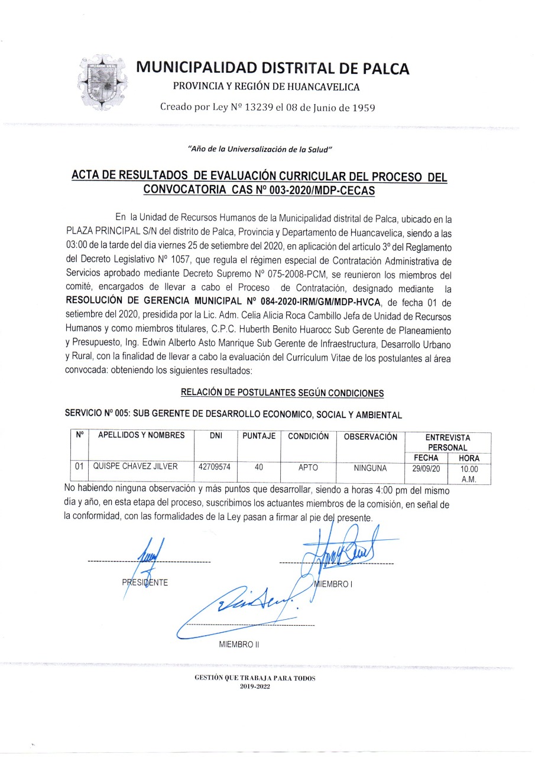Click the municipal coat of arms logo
tap(103, 82)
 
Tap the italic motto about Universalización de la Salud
tap(260, 148)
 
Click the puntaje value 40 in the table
tap(259, 467)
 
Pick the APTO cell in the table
tap(308, 467)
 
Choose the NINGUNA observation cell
tap(370, 468)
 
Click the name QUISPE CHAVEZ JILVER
tap(135, 467)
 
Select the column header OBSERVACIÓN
tap(370, 436)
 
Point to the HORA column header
tap(469, 458)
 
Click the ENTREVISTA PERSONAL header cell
tap(448, 442)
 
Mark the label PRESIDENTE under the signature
tap(145, 583)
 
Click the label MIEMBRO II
tap(239, 644)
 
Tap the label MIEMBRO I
tap(334, 584)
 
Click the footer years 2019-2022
tap(255, 686)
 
